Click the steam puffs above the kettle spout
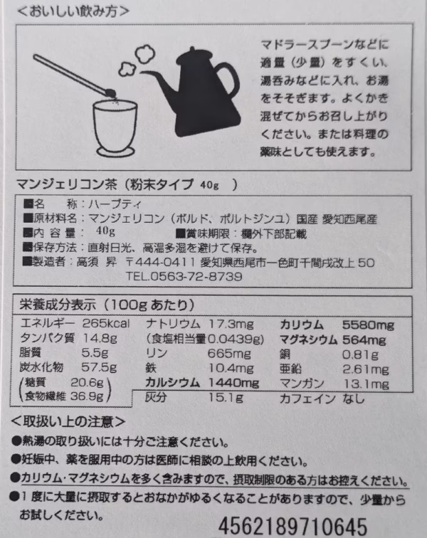click(x=137, y=60)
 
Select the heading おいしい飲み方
click(x=73, y=11)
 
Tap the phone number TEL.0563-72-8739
click(x=184, y=277)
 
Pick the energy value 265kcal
click(x=106, y=324)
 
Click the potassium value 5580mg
click(x=369, y=325)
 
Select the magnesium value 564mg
click(x=364, y=340)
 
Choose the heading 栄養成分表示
click(x=58, y=305)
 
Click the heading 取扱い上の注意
click(x=68, y=421)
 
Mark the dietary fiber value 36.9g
click(x=87, y=396)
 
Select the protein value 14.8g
click(x=100, y=338)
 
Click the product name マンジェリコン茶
click(x=67, y=184)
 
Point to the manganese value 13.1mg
click(x=366, y=384)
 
